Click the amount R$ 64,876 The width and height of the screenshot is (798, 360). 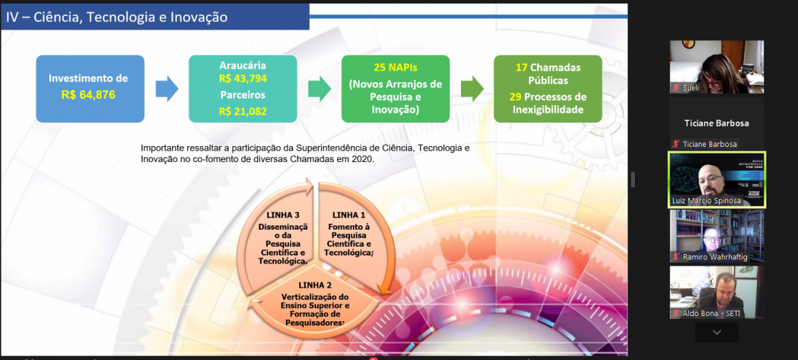pyautogui.click(x=89, y=94)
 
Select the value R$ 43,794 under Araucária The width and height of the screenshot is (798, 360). pyautogui.click(x=243, y=78)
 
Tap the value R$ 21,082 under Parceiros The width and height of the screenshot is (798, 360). pyautogui.click(x=243, y=112)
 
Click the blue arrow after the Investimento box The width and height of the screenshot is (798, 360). pyautogui.click(x=167, y=89)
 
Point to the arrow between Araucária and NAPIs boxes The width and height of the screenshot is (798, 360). pyautogui.click(x=320, y=89)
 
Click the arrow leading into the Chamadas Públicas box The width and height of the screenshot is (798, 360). pyautogui.click(x=472, y=89)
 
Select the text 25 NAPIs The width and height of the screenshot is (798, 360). pyautogui.click(x=395, y=68)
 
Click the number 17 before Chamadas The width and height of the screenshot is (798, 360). pyautogui.click(x=521, y=68)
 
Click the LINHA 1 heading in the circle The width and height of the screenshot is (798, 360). pyautogui.click(x=349, y=215)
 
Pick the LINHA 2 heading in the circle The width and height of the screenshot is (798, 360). pyautogui.click(x=315, y=284)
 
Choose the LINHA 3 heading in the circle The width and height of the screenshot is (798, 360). pyautogui.click(x=283, y=215)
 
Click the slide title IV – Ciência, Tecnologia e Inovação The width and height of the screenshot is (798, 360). pyautogui.click(x=117, y=17)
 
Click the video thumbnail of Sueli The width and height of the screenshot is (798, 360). pyautogui.click(x=717, y=67)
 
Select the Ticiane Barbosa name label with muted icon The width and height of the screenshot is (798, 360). pyautogui.click(x=704, y=144)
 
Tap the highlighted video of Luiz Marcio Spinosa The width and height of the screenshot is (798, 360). pyautogui.click(x=717, y=180)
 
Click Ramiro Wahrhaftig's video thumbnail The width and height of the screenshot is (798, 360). pyautogui.click(x=717, y=236)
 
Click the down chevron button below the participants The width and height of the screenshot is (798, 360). pyautogui.click(x=717, y=332)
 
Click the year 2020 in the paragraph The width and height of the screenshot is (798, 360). pyautogui.click(x=364, y=159)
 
